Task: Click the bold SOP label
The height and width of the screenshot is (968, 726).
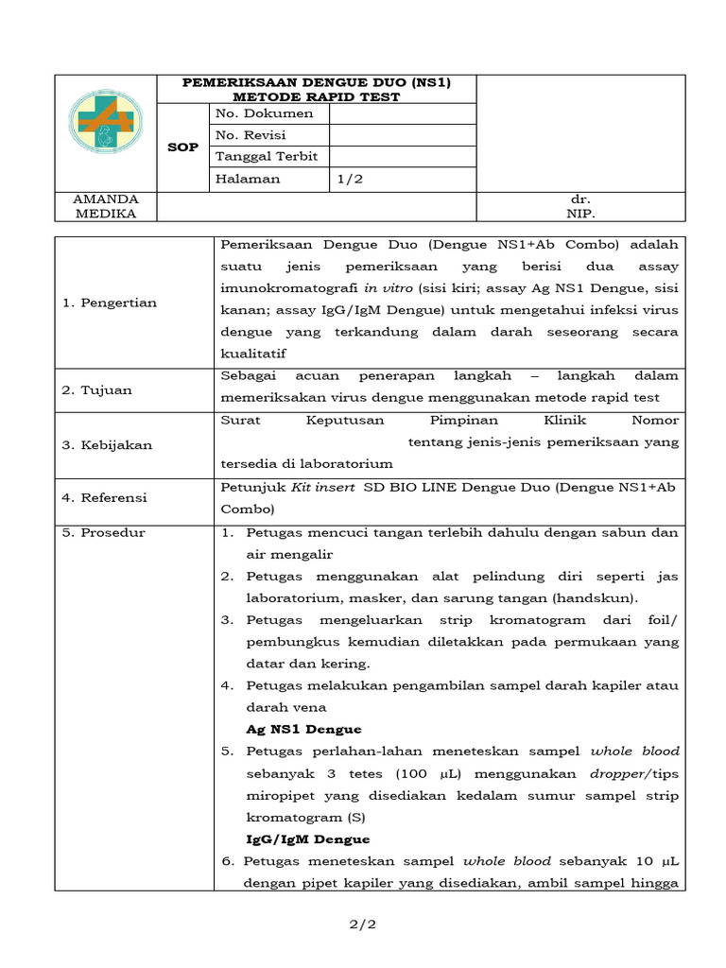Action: click(x=182, y=147)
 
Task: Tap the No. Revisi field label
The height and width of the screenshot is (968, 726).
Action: click(x=251, y=135)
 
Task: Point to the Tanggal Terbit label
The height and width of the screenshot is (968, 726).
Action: click(x=267, y=157)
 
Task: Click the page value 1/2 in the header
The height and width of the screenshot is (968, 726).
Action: click(x=350, y=179)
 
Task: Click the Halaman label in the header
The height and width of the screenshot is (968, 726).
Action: click(x=248, y=179)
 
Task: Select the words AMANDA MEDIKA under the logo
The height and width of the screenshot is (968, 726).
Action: click(x=106, y=206)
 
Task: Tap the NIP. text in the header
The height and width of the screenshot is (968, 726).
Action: click(x=579, y=214)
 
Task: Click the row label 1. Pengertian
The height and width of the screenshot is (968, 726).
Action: click(x=110, y=302)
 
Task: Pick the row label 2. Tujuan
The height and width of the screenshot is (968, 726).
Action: click(x=96, y=389)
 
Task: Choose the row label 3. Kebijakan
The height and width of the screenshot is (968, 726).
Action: click(x=107, y=444)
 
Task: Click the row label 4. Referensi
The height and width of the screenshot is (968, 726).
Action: click(x=105, y=497)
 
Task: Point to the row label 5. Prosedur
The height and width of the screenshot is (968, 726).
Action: click(x=103, y=532)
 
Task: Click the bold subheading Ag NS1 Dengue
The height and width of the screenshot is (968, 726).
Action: click(x=303, y=729)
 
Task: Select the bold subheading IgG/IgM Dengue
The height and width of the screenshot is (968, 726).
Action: click(x=307, y=838)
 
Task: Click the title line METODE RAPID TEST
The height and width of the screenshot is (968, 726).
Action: click(x=317, y=96)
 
